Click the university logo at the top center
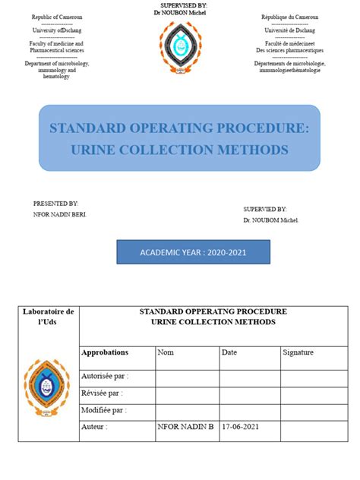click(180, 47)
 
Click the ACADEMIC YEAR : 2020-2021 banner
click(193, 252)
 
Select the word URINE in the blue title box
click(91, 150)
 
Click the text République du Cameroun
click(289, 17)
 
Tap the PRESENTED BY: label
click(55, 204)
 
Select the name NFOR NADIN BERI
click(59, 215)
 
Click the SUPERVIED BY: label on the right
click(264, 208)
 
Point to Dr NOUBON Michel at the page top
click(180, 13)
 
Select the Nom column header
click(166, 352)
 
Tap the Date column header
click(229, 352)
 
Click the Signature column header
click(298, 352)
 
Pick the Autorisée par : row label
click(105, 376)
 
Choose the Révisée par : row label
click(102, 393)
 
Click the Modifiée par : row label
click(103, 410)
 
